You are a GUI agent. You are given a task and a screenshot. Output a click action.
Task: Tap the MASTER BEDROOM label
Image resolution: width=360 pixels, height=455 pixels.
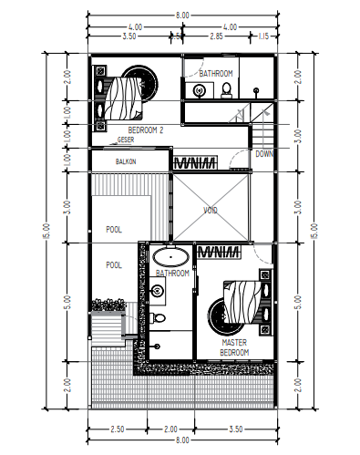click(x=234, y=347)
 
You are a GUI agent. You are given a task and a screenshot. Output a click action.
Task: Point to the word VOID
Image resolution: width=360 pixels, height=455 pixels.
click(x=211, y=210)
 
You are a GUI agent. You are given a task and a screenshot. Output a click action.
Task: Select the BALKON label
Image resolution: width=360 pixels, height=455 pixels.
click(x=126, y=161)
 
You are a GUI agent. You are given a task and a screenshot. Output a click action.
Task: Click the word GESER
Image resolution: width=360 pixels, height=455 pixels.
click(x=125, y=140)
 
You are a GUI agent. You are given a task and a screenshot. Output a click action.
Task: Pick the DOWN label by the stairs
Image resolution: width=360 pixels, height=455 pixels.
click(x=264, y=154)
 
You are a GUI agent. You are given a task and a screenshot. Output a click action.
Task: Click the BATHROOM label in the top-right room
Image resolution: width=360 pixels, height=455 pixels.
click(x=216, y=73)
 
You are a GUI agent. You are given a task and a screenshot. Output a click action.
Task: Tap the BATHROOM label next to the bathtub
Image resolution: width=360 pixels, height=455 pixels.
click(x=172, y=273)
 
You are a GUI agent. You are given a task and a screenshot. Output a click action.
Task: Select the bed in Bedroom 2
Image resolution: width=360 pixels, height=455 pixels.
click(x=123, y=95)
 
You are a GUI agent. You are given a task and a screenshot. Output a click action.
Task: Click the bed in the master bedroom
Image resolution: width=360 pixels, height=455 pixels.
click(x=240, y=301)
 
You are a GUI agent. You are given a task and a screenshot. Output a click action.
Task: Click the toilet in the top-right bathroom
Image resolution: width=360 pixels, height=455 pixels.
click(x=224, y=88)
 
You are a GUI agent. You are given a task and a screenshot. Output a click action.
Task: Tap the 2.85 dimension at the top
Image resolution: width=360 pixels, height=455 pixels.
click(x=216, y=37)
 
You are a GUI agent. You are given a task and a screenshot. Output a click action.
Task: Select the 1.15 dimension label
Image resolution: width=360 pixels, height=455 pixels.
click(x=263, y=37)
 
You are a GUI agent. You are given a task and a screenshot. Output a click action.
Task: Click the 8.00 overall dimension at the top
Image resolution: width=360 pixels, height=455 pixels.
click(x=181, y=16)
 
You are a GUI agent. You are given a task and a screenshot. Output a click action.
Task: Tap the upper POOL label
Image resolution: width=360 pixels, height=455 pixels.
click(x=114, y=230)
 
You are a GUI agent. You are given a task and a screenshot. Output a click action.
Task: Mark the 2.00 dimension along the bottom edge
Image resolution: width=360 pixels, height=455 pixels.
click(x=170, y=428)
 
